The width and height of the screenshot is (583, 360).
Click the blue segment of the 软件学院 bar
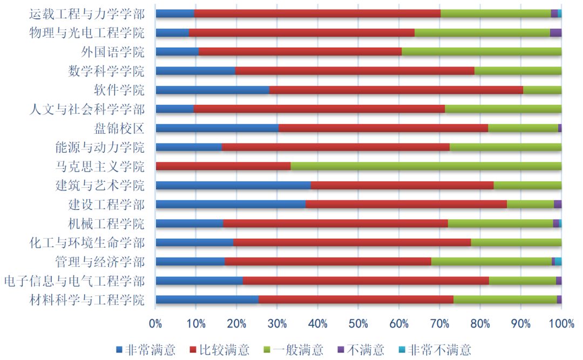(x=212, y=90)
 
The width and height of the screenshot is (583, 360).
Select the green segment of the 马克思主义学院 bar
(x=426, y=166)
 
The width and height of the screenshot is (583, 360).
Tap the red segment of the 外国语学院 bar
(x=300, y=52)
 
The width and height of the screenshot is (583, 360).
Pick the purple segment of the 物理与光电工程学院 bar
(x=555, y=32)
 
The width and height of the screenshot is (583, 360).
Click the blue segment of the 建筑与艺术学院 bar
(x=233, y=185)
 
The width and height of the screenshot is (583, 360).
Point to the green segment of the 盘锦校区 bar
(x=523, y=128)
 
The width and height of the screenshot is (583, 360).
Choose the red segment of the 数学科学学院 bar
(x=355, y=71)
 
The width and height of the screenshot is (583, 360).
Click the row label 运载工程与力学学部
(x=86, y=14)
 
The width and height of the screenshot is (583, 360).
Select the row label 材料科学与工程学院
(x=86, y=300)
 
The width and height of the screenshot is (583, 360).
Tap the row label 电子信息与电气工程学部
(x=74, y=281)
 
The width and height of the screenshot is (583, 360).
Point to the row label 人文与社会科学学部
(x=86, y=109)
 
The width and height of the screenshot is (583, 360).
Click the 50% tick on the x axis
(x=358, y=323)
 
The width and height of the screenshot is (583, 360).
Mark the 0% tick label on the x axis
(x=155, y=323)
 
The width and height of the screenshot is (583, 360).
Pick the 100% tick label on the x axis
(x=561, y=323)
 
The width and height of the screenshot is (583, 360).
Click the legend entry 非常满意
(x=146, y=350)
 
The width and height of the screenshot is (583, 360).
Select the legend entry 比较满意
(x=219, y=350)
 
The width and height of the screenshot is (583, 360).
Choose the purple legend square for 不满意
(x=341, y=350)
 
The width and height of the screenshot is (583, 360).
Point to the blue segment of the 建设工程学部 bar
(x=231, y=204)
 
